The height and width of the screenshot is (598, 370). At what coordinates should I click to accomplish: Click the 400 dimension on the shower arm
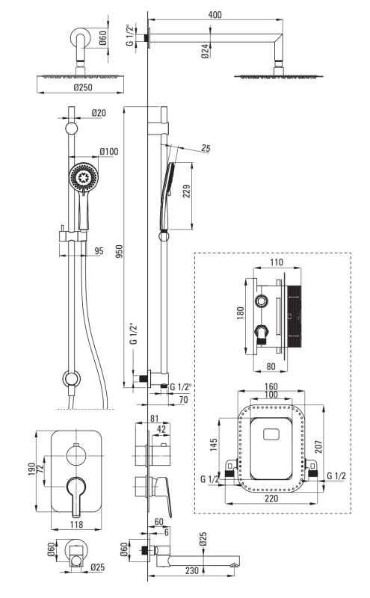click(215, 14)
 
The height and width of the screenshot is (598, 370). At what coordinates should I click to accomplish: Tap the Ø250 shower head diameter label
click(83, 87)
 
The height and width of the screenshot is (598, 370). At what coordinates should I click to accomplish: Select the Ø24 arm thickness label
click(205, 51)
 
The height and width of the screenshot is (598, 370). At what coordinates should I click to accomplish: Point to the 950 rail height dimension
click(120, 251)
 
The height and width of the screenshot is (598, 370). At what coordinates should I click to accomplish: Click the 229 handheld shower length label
click(186, 191)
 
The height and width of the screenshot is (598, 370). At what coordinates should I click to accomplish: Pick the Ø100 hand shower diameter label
click(109, 152)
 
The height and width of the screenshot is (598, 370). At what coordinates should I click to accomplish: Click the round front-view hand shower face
click(84, 177)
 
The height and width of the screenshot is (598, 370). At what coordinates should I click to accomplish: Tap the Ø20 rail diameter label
click(99, 113)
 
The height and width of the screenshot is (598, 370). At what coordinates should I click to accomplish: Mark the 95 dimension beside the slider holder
click(99, 250)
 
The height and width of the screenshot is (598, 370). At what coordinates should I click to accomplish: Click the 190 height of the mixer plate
click(31, 469)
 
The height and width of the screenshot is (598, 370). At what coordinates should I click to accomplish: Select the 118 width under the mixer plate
click(76, 525)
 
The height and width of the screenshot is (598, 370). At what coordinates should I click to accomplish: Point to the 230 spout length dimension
click(192, 570)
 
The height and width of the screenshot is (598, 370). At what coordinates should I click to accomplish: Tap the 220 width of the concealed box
click(271, 498)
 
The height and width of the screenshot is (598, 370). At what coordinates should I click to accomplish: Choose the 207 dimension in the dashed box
click(319, 446)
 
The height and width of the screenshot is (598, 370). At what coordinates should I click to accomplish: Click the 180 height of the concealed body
click(240, 313)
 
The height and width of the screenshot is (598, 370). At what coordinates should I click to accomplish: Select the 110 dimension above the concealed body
click(277, 262)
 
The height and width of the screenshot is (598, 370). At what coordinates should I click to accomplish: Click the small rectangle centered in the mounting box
click(271, 434)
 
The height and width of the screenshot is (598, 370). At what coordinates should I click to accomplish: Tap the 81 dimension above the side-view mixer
click(154, 419)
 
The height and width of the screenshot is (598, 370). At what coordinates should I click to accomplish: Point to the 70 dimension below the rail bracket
click(183, 399)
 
